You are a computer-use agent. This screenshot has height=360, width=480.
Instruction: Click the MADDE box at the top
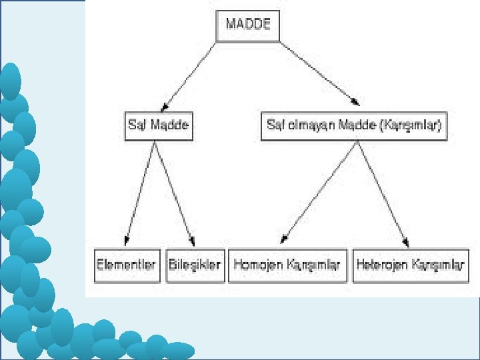(x=248, y=25)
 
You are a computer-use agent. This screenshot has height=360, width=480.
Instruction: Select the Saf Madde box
(x=158, y=125)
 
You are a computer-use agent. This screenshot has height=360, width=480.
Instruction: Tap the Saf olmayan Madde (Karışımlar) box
(x=353, y=125)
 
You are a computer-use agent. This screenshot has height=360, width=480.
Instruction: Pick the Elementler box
(x=127, y=265)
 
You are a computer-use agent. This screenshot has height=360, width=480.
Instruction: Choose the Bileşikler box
(x=195, y=265)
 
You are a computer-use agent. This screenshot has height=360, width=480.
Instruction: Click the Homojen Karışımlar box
(x=287, y=265)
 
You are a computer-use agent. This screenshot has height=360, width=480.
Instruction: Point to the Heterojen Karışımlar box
(x=410, y=265)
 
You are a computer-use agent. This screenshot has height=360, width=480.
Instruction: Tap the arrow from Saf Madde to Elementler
(x=141, y=193)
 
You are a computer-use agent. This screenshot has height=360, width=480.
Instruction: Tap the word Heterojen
(x=382, y=265)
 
